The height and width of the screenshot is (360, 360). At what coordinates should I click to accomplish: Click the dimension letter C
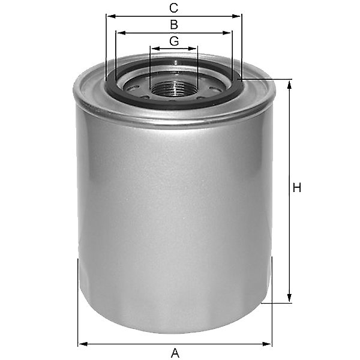173,8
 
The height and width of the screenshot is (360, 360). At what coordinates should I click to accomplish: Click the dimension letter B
174,25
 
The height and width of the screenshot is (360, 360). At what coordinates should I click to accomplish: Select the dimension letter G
174,41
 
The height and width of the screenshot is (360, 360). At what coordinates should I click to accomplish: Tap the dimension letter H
297,188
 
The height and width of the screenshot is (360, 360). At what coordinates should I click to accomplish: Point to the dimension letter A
175,353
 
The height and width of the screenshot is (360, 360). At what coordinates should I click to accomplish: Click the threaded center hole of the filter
173,91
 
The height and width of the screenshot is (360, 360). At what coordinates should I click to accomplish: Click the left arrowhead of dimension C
111,16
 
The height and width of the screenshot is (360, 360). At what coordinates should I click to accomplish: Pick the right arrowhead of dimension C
236,16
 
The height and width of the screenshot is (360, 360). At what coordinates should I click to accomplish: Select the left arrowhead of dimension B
121,33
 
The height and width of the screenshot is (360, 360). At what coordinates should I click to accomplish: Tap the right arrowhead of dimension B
227,33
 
